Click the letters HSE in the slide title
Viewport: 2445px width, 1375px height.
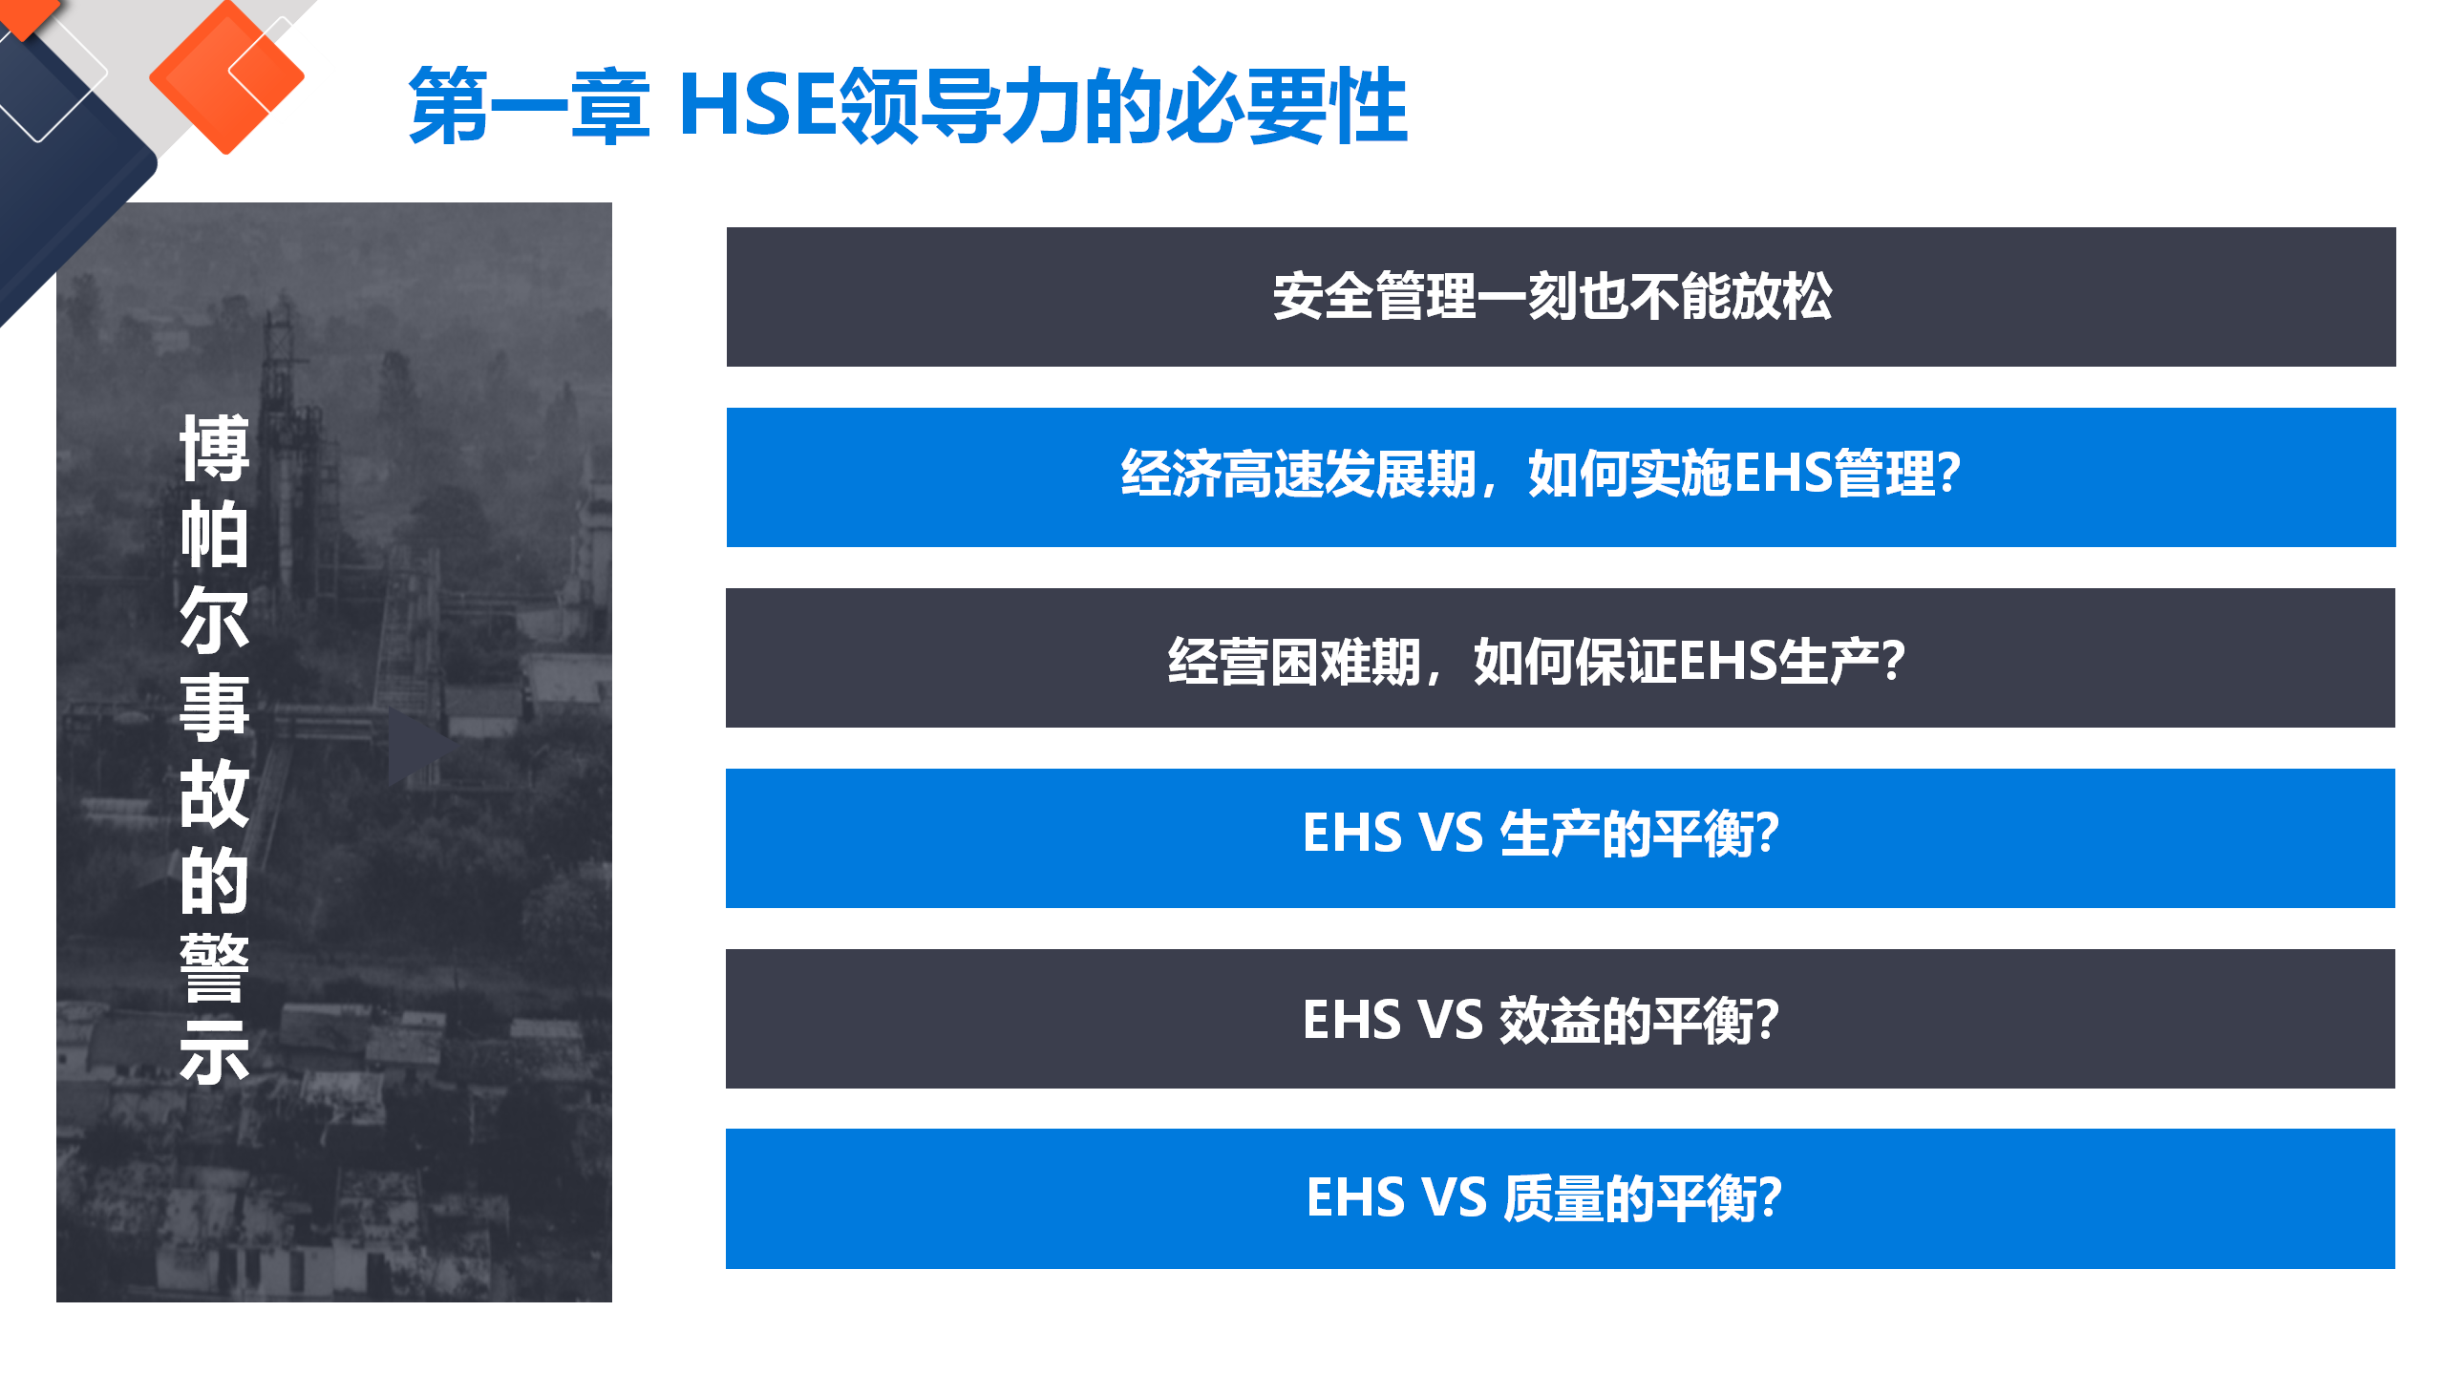tap(757, 105)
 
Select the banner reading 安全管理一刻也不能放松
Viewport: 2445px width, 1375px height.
tap(1561, 297)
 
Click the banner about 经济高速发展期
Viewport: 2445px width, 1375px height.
tap(1561, 477)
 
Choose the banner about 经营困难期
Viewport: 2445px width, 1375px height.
tap(1561, 658)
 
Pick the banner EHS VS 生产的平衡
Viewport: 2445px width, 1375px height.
tap(1561, 838)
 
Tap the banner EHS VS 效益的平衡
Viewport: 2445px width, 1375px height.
tap(1561, 1019)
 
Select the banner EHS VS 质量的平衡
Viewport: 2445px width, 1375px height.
tap(1561, 1199)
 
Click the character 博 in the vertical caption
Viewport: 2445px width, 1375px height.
tap(215, 448)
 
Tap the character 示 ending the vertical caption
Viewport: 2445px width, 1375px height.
tap(215, 1052)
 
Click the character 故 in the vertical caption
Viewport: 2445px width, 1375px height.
tap(215, 793)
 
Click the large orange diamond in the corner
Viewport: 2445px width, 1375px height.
tap(227, 76)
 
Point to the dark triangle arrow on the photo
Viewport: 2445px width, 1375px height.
tap(420, 746)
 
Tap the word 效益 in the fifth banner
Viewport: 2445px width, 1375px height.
tap(1549, 1020)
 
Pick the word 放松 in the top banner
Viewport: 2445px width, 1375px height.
tap(1781, 296)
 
